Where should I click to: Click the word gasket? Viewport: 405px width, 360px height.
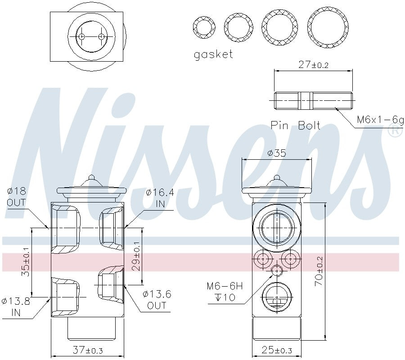[x=213, y=54]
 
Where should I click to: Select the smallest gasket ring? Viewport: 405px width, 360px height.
[x=204, y=28]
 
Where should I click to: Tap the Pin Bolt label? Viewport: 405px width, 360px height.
[x=295, y=125]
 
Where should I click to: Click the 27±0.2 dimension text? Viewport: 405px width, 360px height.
[x=314, y=65]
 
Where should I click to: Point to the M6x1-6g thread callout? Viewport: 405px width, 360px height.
[x=377, y=120]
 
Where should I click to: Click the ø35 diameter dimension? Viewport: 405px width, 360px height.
[x=276, y=153]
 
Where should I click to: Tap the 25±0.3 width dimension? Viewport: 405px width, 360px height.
[x=277, y=350]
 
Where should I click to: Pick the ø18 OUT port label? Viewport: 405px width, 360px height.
[x=16, y=197]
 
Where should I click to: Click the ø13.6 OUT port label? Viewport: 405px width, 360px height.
[x=157, y=300]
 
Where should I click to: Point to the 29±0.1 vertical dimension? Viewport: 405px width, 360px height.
[x=136, y=257]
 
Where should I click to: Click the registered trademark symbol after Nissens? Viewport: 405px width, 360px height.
[x=395, y=131]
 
